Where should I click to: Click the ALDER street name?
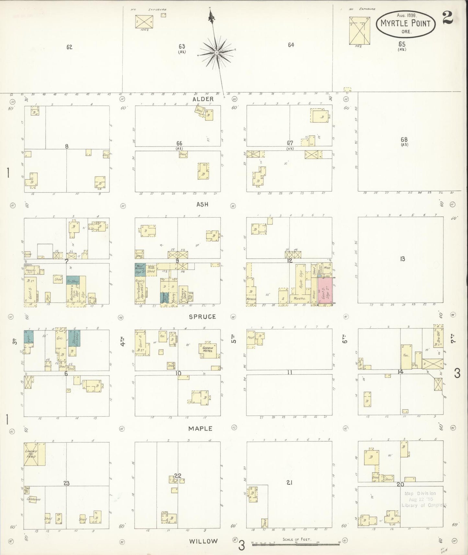(x=203, y=99)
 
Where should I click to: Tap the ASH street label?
(x=202, y=204)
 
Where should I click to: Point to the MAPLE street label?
(x=201, y=428)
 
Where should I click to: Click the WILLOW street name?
(x=203, y=541)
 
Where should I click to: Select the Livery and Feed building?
(x=34, y=454)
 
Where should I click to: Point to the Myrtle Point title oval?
(x=405, y=24)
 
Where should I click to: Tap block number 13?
(x=402, y=259)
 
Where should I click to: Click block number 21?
(x=289, y=482)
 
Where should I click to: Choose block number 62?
(x=69, y=47)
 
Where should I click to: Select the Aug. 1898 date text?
(x=406, y=15)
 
